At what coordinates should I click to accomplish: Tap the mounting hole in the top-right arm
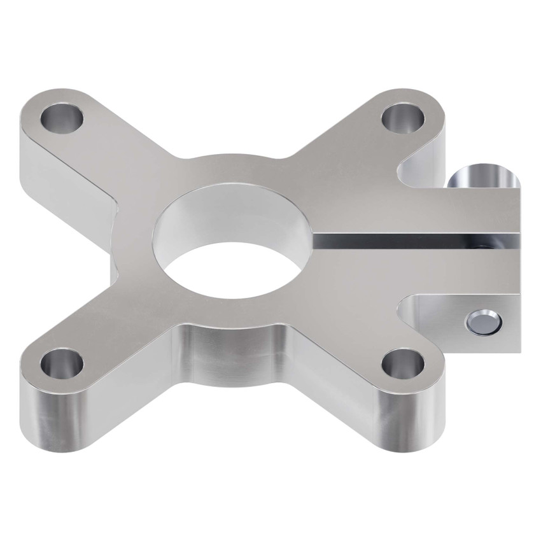(x=404, y=116)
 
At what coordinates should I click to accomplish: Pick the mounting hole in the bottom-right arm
(x=404, y=365)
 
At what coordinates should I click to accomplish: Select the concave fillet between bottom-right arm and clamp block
(x=407, y=312)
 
